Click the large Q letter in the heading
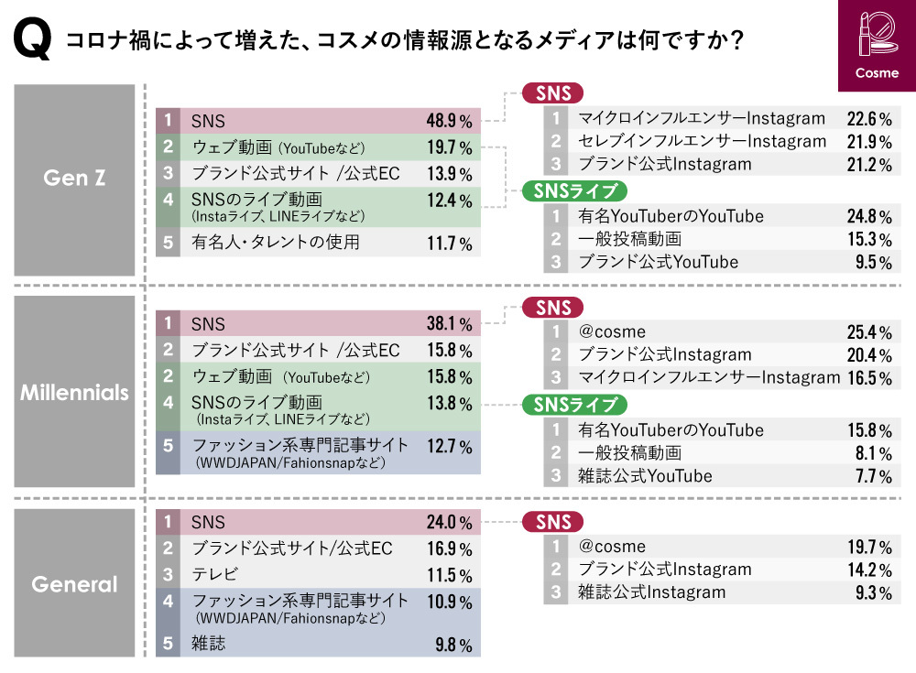[33, 41]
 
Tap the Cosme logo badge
[876, 46]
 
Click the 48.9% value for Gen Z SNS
[449, 121]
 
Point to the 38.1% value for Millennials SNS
[449, 323]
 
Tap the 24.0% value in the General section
[449, 523]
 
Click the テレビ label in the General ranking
[214, 575]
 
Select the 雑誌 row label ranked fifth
[208, 643]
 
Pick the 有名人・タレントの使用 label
[276, 243]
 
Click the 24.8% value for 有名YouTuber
[869, 217]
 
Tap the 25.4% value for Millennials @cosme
[869, 331]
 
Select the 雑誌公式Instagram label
[652, 592]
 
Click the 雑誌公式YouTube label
[645, 476]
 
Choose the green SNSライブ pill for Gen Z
[574, 190]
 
